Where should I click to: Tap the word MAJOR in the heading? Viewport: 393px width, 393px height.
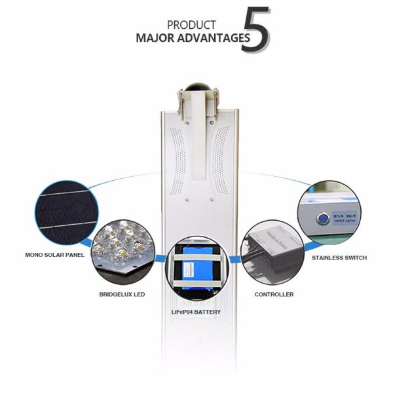[155, 38]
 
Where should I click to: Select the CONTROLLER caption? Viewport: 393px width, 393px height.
[274, 294]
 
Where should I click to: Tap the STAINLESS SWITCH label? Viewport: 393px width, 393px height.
[339, 258]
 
